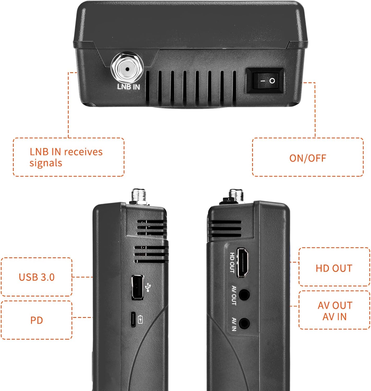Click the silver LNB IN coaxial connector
coord(127,69)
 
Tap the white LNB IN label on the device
coord(128,87)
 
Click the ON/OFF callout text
coord(308,158)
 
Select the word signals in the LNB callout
coord(46,163)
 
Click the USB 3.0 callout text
coord(37,277)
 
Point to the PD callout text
coord(37,320)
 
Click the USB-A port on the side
coord(137,287)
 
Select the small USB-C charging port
coord(133,319)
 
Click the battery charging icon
coord(140,319)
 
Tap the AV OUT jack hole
coord(245,295)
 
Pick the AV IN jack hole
coord(245,323)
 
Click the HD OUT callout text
coord(334,268)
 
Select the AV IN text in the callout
coord(334,317)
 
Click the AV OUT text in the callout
coord(335,306)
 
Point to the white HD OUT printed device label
coord(232,262)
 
